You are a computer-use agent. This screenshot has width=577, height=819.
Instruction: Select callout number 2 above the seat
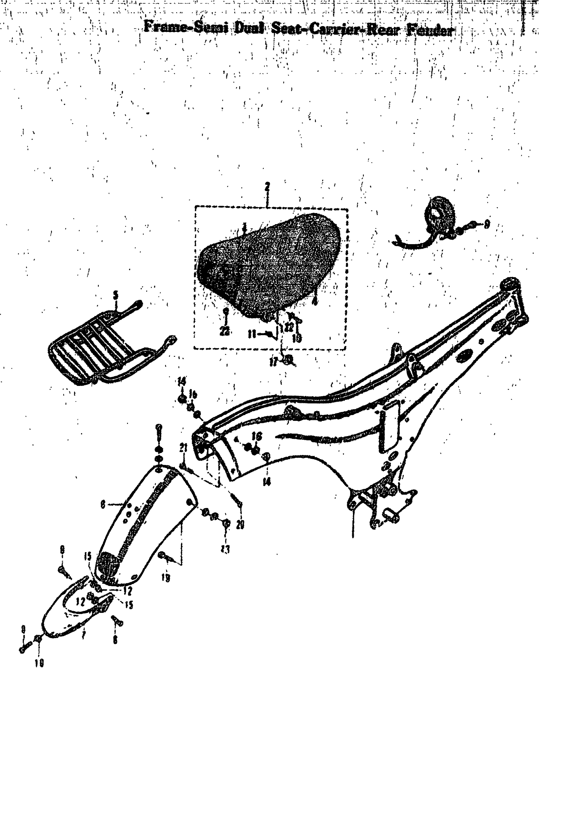267,187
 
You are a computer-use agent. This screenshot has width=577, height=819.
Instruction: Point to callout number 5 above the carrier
115,295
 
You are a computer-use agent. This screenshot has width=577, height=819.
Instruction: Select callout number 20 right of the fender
240,524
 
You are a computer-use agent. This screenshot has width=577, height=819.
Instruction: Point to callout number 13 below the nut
225,550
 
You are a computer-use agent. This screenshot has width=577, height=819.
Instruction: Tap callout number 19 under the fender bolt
165,578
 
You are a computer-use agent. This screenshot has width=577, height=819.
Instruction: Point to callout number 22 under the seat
224,331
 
